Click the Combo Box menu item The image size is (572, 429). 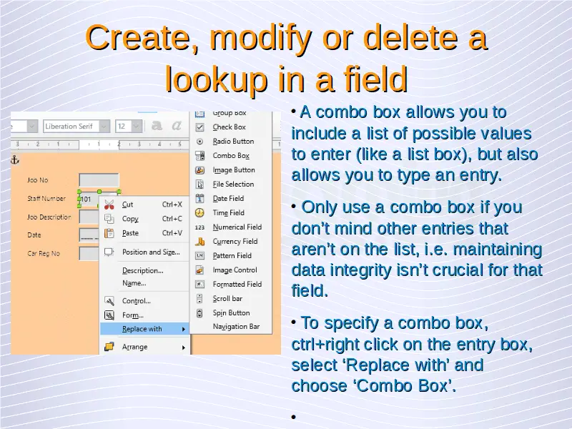click(231, 156)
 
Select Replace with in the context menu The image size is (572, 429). click(142, 329)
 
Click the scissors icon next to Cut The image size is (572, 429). click(109, 204)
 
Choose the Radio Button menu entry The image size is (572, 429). click(233, 142)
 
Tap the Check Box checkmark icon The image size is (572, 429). click(199, 127)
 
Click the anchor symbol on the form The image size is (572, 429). click(14, 159)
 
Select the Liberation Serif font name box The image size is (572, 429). click(71, 127)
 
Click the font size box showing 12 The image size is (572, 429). click(124, 127)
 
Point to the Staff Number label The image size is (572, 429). click(46, 199)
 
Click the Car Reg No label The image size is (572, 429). click(44, 253)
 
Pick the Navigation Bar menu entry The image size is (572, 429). click(236, 327)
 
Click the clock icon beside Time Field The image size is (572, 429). click(199, 212)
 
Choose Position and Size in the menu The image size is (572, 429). click(151, 252)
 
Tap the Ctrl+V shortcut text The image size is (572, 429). click(172, 233)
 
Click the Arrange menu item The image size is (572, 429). click(134, 347)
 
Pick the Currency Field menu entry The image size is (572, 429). click(235, 242)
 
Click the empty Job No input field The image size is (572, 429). click(99, 180)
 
